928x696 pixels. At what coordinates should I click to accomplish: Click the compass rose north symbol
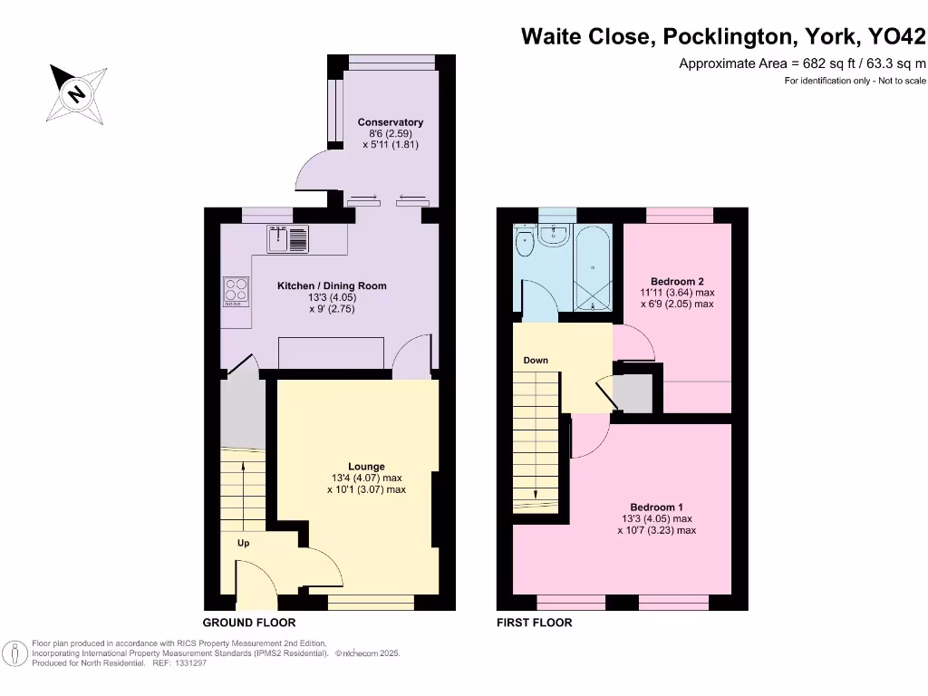click(x=76, y=92)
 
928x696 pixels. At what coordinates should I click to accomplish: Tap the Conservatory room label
click(x=390, y=122)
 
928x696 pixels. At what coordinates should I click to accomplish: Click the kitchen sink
click(x=288, y=239)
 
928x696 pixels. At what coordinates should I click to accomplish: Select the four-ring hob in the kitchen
click(x=237, y=290)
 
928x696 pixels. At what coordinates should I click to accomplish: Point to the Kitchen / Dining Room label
click(x=332, y=286)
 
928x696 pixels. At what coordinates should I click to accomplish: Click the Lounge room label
click(x=366, y=467)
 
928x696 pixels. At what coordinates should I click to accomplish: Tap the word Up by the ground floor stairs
click(x=243, y=544)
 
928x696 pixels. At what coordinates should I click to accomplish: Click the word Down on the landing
click(x=535, y=361)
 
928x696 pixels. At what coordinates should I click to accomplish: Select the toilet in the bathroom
click(x=523, y=242)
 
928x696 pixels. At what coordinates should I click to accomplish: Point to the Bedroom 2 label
click(x=677, y=281)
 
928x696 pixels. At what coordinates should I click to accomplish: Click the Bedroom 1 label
click(x=657, y=507)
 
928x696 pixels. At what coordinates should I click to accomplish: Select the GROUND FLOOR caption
click(x=248, y=623)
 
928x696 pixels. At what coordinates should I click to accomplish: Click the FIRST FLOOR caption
click(x=534, y=623)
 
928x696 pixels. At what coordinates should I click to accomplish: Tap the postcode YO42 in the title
click(x=896, y=37)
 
